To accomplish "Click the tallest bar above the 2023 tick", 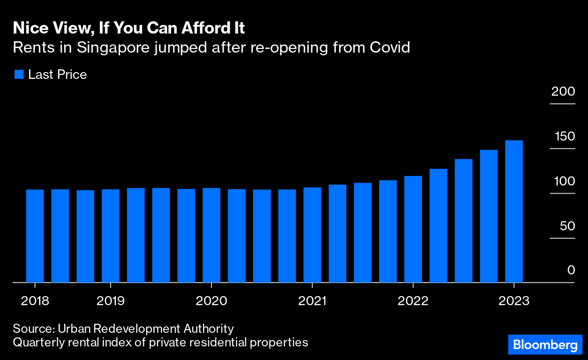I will coord(514,211).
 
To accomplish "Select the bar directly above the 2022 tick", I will coord(413,229).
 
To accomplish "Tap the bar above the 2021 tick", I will coord(312,235).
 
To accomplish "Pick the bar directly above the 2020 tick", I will coord(211,235).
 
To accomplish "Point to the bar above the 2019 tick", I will coord(111,236).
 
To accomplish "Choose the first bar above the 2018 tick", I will coord(35,236).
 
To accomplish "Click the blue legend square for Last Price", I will coord(19,74).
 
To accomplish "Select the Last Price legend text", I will coord(57,74).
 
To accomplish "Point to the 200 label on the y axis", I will coord(563,91).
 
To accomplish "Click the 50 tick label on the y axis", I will coord(567,226).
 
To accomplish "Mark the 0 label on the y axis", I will coord(571,270).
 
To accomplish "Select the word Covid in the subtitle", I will coord(391,47).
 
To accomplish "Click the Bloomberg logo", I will coord(545,345).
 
